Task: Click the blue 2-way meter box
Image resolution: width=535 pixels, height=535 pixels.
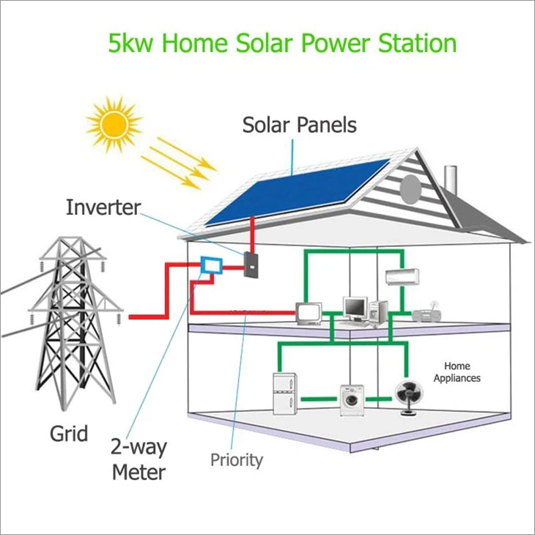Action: (x=211, y=265)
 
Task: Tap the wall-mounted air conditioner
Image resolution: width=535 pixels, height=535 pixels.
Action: (x=402, y=277)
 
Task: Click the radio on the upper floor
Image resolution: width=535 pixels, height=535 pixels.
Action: (x=427, y=314)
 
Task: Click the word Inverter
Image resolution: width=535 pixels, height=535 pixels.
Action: (x=102, y=207)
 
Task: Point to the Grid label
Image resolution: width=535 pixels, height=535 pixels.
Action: (x=69, y=433)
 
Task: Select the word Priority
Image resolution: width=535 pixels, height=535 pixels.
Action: (x=236, y=460)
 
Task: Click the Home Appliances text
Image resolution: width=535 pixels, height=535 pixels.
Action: (x=457, y=372)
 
